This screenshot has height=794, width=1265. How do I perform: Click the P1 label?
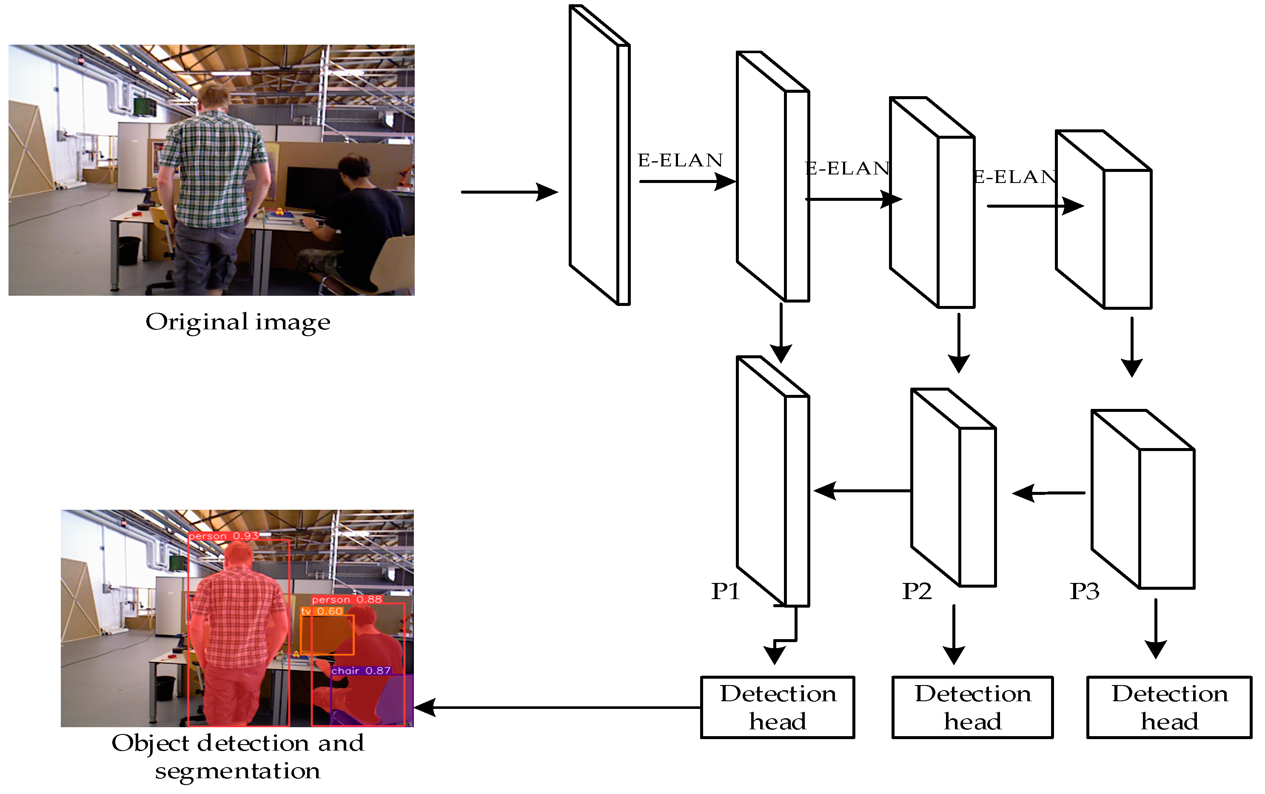[725, 592]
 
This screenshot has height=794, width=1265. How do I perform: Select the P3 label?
[1084, 592]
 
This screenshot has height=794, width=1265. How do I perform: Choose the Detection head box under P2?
[972, 707]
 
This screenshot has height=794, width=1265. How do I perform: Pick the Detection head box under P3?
[1169, 707]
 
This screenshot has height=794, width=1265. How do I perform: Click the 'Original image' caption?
[238, 322]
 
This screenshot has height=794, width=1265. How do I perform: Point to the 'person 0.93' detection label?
[223, 536]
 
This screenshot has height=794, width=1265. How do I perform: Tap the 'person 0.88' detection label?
[346, 599]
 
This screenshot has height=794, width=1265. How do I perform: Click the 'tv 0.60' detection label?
[322, 611]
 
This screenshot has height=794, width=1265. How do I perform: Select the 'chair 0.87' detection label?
[361, 671]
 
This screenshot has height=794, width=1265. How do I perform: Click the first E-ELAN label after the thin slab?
[680, 160]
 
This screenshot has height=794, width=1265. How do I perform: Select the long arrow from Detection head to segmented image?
[556, 707]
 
